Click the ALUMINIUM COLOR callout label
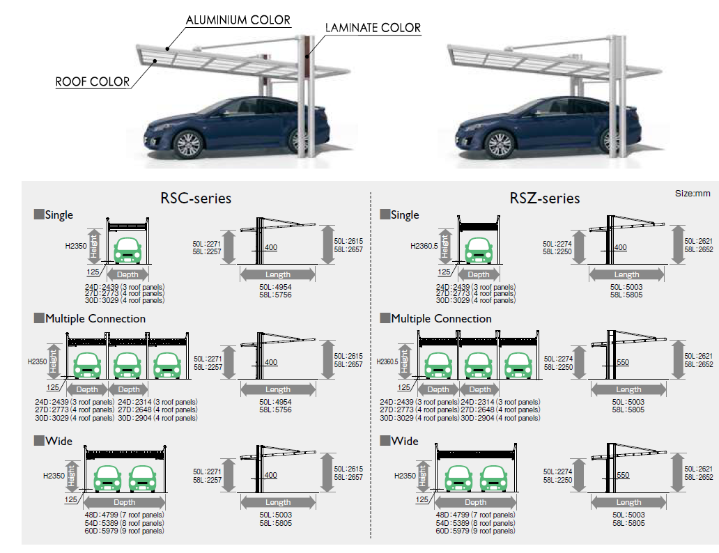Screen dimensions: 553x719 [238, 20]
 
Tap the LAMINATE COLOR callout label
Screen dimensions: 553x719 [373, 28]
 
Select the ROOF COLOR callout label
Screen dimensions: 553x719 [93, 81]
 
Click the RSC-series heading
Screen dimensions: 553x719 [196, 198]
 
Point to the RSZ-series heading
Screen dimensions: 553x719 [544, 198]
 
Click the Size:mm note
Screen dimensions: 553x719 [693, 193]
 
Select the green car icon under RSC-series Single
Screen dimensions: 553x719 [127, 249]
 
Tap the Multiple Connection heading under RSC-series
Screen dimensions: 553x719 [95, 318]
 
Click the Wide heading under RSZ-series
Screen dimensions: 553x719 [405, 441]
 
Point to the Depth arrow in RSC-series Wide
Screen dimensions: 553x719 [125, 502]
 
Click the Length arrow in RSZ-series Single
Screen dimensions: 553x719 [626, 275]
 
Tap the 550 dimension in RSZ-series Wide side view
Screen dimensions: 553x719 [623, 476]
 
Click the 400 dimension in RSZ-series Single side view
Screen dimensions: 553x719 [620, 247]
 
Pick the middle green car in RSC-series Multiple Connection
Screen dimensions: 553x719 [127, 364]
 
